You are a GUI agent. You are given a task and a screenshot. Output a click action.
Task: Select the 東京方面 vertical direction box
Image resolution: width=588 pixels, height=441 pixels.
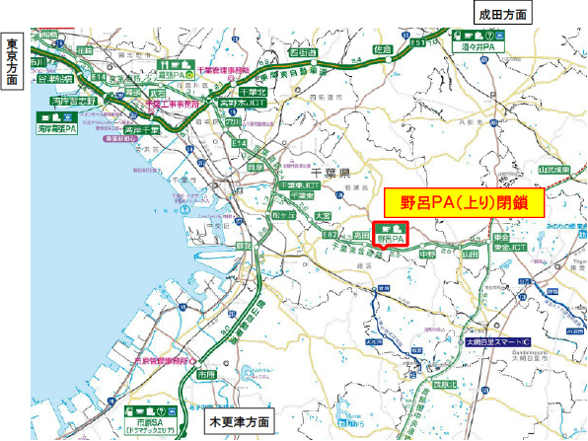tap(12, 61)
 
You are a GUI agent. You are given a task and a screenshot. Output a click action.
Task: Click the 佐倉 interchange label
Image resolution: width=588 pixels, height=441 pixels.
tap(384, 46)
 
